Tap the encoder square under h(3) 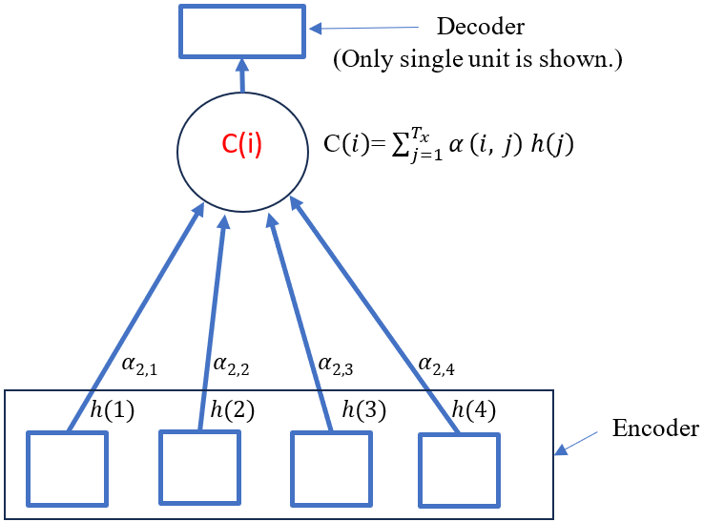pos(329,469)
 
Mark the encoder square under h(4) pos(459,470)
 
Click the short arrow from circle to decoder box pos(242,75)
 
